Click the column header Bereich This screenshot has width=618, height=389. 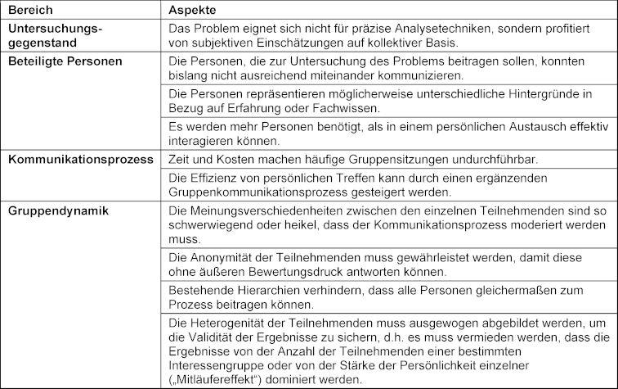30,11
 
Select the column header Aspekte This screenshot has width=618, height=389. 194,11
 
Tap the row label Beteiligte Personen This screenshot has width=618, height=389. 65,61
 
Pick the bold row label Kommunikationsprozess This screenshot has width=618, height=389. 81,159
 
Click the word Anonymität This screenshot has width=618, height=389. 220,257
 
